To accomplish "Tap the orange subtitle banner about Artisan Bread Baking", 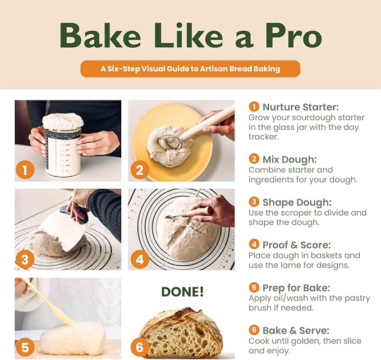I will tap(190, 69).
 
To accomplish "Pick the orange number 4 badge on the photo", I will tap(140, 259).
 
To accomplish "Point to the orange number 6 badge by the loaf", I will tap(140, 346).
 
